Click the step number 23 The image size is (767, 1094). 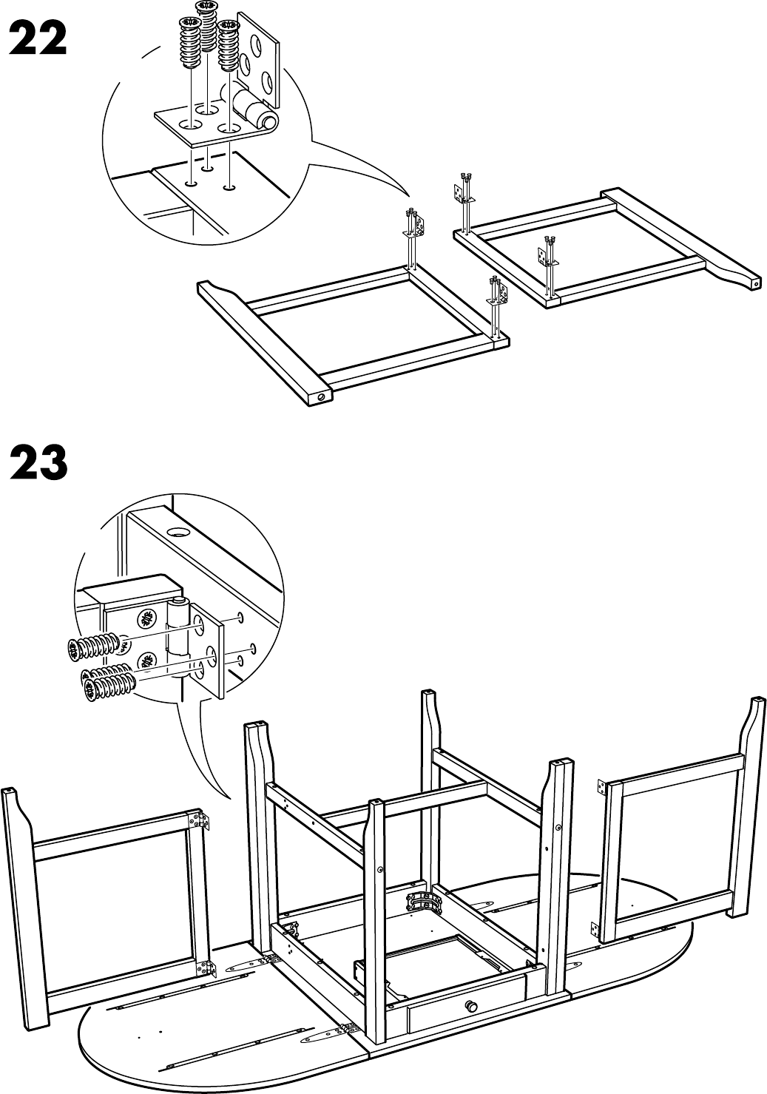tap(38, 462)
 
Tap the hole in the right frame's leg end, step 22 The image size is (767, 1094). tap(755, 283)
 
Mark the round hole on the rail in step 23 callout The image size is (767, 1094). tap(178, 531)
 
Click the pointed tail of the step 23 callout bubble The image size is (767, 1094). tap(229, 798)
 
